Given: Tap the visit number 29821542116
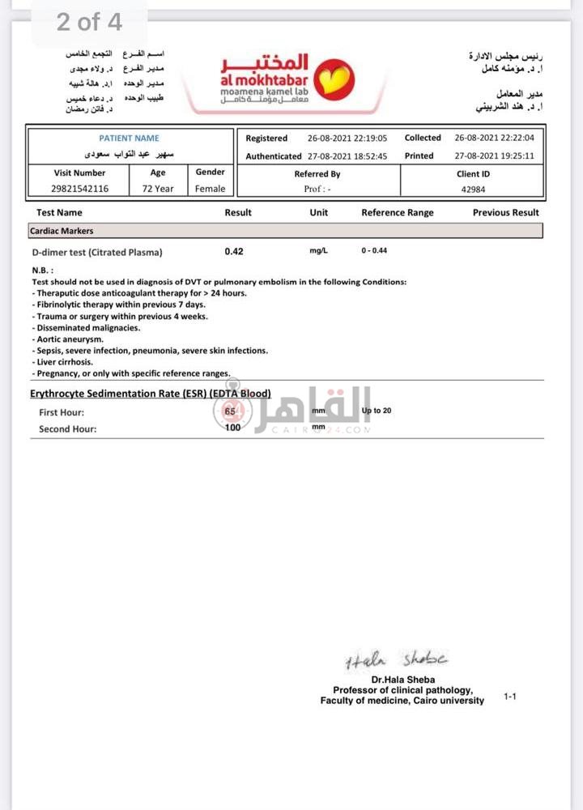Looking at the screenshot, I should coord(79,189).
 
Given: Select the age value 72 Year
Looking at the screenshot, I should coord(158,189).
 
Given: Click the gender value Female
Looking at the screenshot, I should coord(211,189).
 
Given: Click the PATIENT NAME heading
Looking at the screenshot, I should coord(130,139).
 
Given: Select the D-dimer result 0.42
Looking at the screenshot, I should coord(234,251).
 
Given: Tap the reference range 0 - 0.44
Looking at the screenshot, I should coord(374,251).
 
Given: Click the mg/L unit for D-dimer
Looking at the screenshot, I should coord(319,251).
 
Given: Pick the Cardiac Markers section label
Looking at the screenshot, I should coord(62,231).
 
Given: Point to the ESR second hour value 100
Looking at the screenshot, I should coord(233,428).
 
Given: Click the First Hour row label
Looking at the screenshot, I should coord(62,412).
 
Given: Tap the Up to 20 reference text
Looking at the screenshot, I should coord(377,411).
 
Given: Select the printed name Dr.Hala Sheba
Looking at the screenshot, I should coord(402,680).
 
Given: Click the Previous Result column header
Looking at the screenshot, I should coord(506,212).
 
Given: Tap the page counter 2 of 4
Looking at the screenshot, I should coord(89,22).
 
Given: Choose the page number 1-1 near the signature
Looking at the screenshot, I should coord(509,696).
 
